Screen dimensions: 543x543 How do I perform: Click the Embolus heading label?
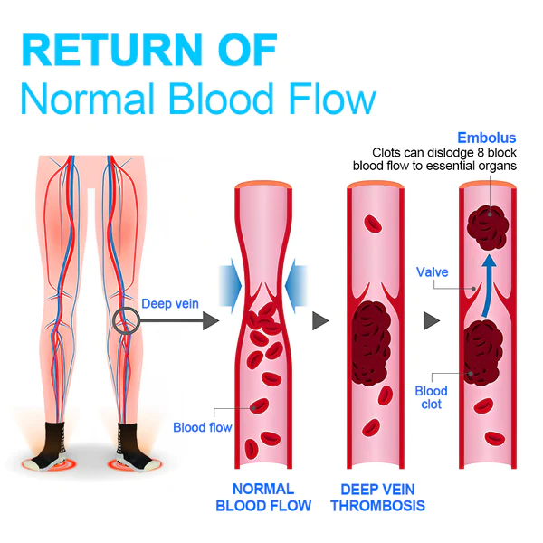[487, 138]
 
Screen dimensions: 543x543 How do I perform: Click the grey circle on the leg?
[126, 319]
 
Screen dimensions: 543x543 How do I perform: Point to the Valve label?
[432, 271]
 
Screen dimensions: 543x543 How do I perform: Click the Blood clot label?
[431, 397]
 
